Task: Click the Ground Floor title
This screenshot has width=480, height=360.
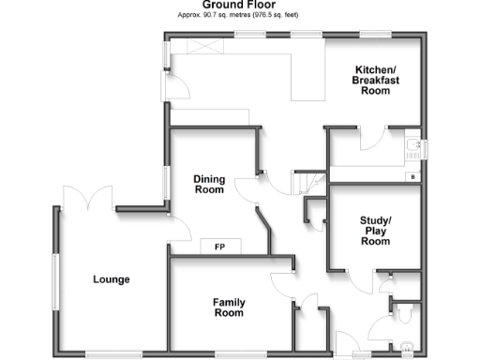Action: (238, 6)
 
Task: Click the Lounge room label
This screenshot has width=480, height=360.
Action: (111, 279)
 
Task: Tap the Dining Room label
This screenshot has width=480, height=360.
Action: (208, 184)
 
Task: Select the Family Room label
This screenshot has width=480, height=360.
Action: (228, 307)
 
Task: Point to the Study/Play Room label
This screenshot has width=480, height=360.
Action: (375, 232)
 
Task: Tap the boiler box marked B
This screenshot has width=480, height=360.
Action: (411, 176)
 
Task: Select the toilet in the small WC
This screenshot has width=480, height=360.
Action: (404, 312)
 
